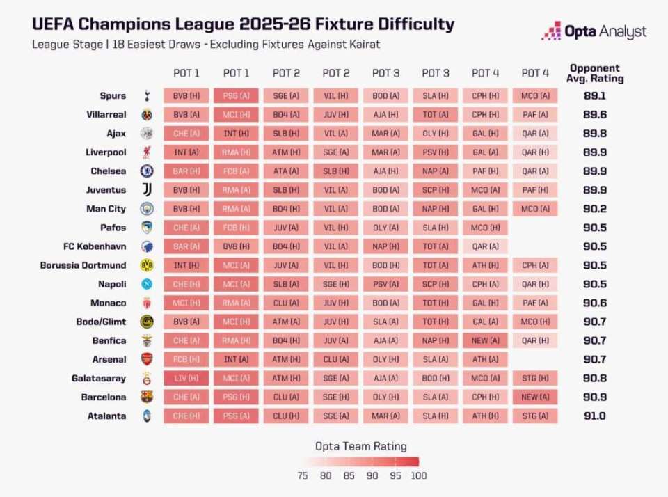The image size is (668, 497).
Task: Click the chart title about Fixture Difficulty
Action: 243,24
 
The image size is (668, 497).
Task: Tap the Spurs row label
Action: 113,96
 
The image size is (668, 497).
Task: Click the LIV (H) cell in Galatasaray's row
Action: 186,378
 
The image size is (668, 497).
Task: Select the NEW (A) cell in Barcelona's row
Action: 535,397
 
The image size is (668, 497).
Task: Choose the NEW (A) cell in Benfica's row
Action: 485,340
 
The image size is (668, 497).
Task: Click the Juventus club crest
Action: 147,190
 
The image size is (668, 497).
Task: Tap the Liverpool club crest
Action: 147,152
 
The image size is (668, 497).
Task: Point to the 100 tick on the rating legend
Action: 418,476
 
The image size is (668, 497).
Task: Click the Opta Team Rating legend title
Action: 360,446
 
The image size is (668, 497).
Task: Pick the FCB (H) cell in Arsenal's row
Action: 186,359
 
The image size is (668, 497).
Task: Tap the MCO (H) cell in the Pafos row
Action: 485,228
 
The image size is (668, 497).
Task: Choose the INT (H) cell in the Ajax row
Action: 236,134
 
